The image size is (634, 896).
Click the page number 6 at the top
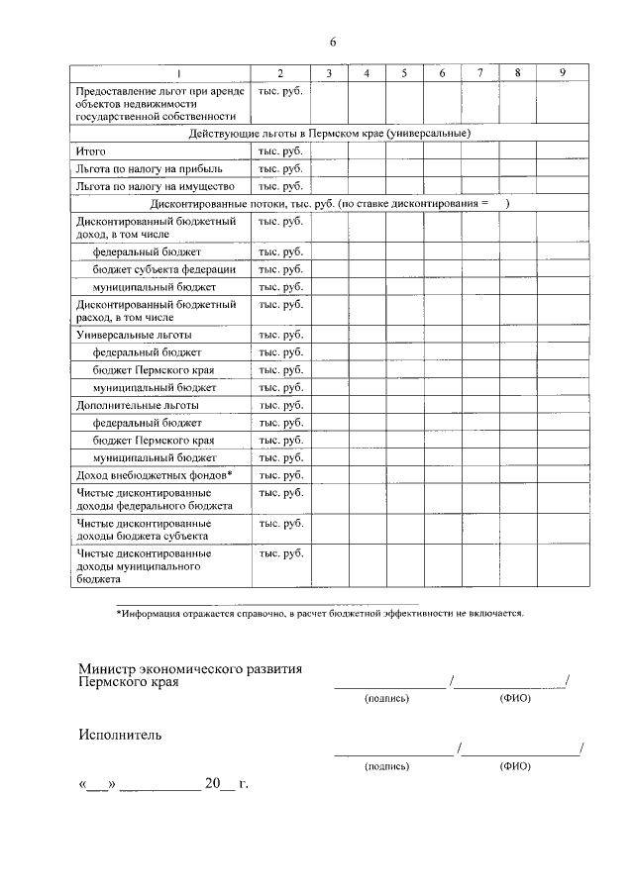pyautogui.click(x=333, y=42)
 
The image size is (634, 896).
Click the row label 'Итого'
pyautogui.click(x=90, y=151)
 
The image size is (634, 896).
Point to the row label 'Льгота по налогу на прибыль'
pyautogui.click(x=144, y=169)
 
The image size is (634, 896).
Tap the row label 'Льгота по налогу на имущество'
pyautogui.click(x=148, y=186)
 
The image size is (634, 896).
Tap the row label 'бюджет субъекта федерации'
pyautogui.click(x=164, y=269)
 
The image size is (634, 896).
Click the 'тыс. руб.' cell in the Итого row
pyautogui.click(x=280, y=151)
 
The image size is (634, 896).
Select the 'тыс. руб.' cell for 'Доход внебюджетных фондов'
pyautogui.click(x=280, y=475)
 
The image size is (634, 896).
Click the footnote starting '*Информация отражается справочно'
pyautogui.click(x=320, y=614)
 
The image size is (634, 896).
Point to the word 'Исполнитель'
pyautogui.click(x=120, y=735)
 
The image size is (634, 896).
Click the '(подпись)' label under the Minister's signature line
pyautogui.click(x=386, y=698)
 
